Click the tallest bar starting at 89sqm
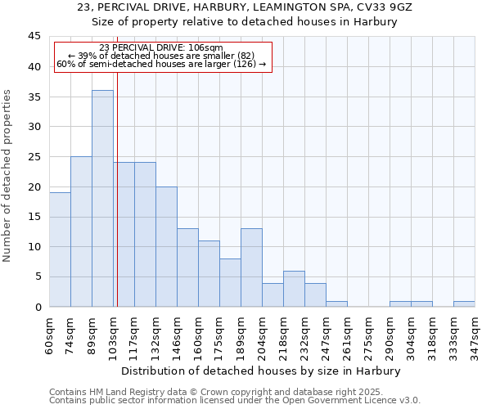102,199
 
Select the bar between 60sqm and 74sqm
60,249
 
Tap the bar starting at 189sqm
251,267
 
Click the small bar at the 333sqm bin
464,303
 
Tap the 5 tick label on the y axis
37,276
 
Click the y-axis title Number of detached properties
8,176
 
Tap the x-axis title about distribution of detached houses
262,371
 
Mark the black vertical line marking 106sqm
117,204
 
